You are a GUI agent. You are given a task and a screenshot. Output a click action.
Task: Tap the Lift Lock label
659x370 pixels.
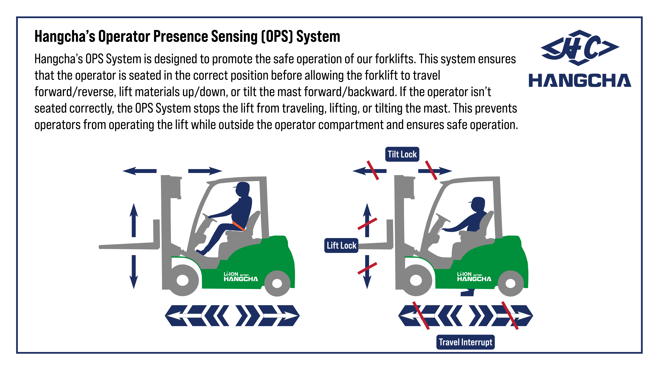(341, 245)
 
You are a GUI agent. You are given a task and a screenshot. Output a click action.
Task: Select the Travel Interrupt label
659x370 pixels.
(465, 342)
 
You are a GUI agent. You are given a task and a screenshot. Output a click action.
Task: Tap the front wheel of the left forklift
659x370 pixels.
(183, 280)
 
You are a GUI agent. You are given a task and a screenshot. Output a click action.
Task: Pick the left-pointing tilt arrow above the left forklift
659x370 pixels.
(139, 171)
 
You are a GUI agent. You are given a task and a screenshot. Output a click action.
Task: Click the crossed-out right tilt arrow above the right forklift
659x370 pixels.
(435, 171)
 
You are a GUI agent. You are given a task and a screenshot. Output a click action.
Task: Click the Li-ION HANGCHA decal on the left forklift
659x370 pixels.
(240, 277)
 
